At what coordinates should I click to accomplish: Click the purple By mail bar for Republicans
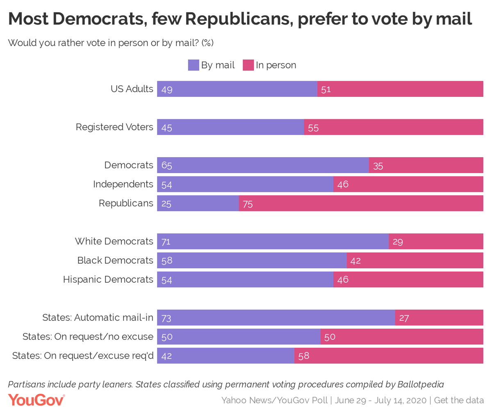198,203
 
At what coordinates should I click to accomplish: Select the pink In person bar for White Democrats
436,241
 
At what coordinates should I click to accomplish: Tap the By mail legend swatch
194,65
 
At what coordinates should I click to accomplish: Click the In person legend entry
269,65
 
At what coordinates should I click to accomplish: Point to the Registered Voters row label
114,127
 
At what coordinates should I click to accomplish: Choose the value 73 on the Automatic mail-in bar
166,318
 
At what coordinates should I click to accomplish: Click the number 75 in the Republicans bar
248,204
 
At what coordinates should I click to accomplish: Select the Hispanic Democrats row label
108,279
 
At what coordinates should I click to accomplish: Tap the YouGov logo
36,400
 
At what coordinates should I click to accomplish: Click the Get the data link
459,400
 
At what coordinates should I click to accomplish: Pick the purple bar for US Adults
237,89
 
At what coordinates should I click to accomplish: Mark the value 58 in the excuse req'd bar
304,356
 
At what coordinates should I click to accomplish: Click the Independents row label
123,184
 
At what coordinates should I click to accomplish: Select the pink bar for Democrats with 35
426,165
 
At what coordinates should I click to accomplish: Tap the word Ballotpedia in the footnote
421,384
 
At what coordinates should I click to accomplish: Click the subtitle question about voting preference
111,43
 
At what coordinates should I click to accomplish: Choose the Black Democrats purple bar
252,261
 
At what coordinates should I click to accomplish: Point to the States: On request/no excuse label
88,337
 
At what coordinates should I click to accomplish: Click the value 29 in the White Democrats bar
398,242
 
